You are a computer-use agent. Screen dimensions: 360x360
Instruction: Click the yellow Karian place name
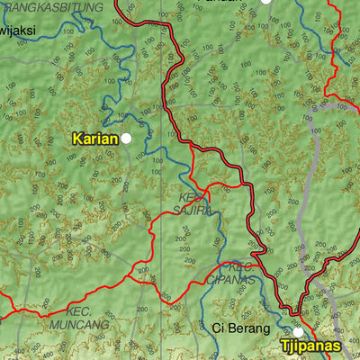[x=95, y=139]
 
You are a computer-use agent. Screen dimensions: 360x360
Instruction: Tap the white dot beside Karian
[x=127, y=139]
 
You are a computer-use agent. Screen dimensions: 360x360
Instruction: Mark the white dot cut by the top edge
[x=265, y=2]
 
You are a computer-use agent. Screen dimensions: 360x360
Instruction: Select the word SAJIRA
[x=193, y=210]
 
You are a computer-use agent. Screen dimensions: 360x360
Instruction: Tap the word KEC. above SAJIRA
[x=192, y=196]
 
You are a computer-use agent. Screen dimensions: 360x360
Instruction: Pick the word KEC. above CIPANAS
[x=238, y=267]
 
